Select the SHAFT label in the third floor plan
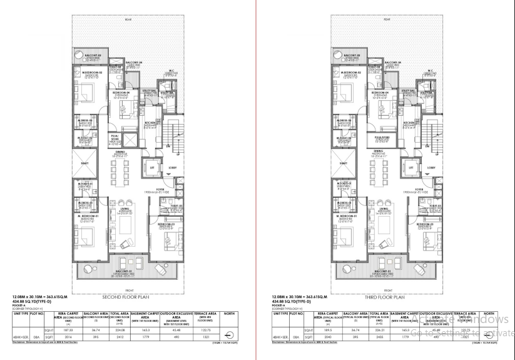pyautogui.click(x=342, y=163)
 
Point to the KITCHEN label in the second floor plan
pyautogui.click(x=150, y=123)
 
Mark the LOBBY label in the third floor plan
pyautogui.click(x=431, y=168)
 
